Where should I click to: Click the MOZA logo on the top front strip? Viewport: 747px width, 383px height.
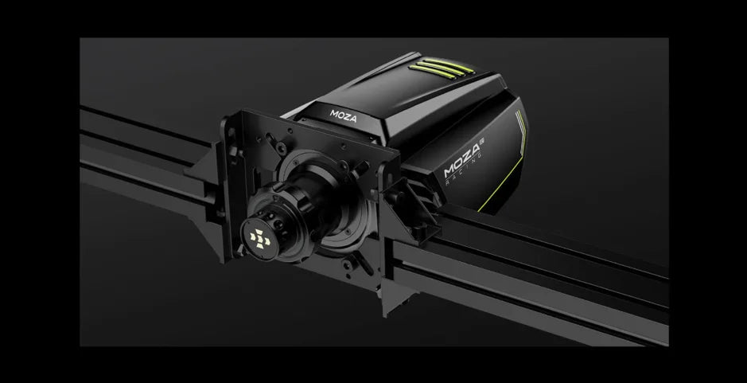point(343,116)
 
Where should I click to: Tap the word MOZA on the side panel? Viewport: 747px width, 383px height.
point(461,162)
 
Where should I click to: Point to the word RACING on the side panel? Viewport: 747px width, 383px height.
point(465,173)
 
